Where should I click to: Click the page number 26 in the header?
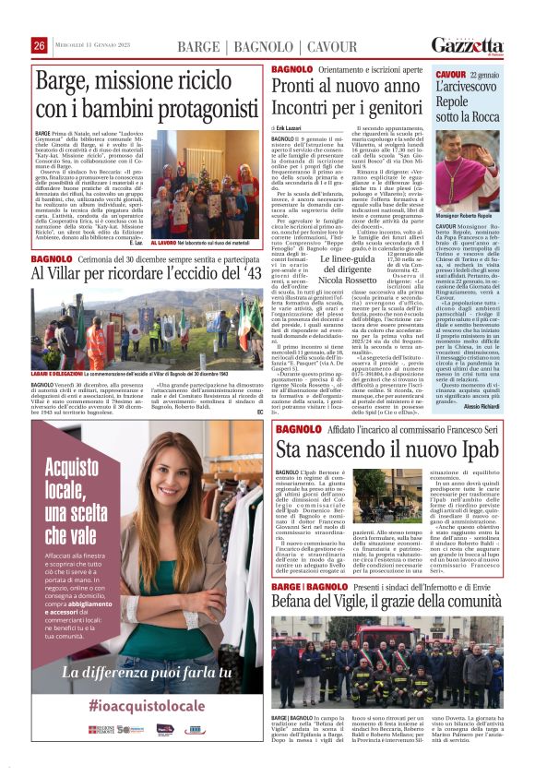click(40, 45)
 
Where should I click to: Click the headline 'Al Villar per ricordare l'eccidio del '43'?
click(148, 274)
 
